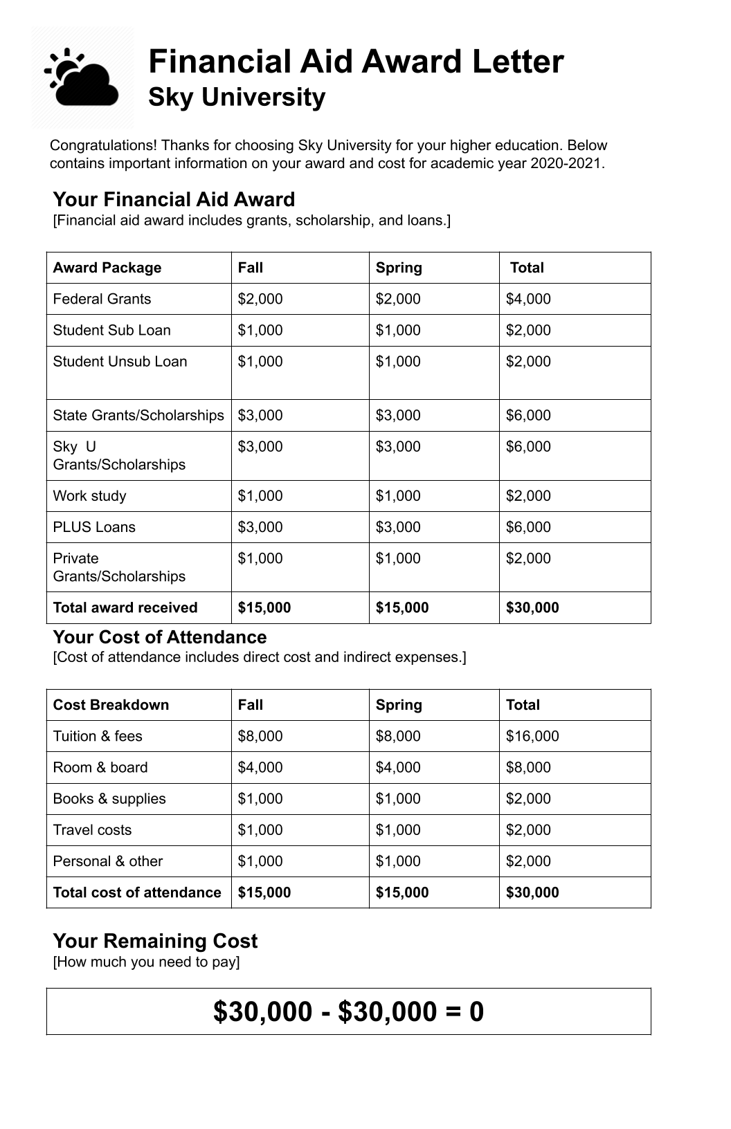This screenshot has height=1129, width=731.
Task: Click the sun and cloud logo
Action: coord(82,77)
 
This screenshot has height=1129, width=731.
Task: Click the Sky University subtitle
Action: coord(237,98)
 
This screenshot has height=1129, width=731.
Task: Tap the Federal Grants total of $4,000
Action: coord(528,299)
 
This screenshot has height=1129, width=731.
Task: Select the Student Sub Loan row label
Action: coord(111,330)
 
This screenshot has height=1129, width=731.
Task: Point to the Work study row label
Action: coord(89,495)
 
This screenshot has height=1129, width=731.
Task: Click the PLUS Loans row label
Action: coord(94,526)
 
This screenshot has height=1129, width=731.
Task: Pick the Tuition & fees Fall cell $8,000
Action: coord(260,736)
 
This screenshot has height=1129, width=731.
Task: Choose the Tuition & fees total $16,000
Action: coord(532,736)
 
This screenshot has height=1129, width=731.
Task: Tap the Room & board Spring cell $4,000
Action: coord(398,767)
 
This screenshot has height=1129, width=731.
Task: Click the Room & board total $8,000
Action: coord(528,767)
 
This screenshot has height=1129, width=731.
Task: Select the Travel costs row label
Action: coord(92,829)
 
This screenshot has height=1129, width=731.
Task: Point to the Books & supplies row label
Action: coord(109,798)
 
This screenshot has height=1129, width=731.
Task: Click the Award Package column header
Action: coord(107,268)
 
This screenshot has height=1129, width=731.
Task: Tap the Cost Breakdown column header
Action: coord(111,705)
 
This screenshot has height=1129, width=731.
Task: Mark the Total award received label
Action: coord(125,607)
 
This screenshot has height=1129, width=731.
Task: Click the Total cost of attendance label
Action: coord(137,892)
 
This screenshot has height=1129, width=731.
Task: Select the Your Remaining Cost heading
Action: coord(155,941)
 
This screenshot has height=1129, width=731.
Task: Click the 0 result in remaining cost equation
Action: coord(476,1011)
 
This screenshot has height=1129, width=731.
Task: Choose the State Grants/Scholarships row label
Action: coord(138,415)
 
